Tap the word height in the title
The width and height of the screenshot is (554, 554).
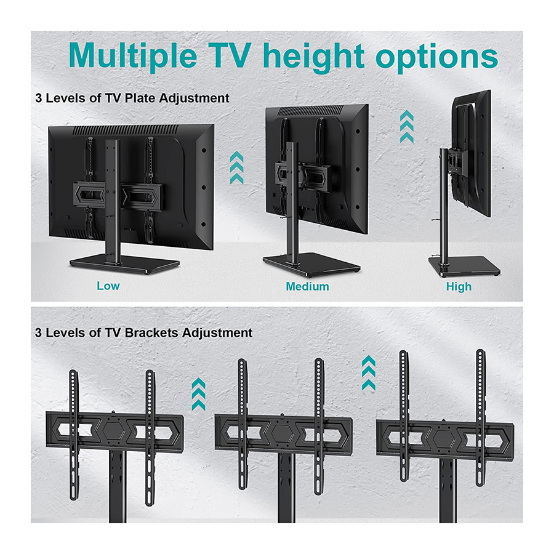point(314,57)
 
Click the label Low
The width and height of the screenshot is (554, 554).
point(108,286)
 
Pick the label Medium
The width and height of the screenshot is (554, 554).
point(307,286)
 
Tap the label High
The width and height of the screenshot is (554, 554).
point(459,286)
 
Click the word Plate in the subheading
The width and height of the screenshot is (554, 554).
point(140,98)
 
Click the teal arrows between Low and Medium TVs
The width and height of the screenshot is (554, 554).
point(236,168)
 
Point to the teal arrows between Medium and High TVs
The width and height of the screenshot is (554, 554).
point(407,126)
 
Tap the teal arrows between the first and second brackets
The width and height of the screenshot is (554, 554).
point(198,395)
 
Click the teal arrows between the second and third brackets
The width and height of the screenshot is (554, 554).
point(369,373)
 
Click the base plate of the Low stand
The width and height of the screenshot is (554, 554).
point(124,263)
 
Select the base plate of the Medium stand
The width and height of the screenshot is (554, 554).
point(311,264)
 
